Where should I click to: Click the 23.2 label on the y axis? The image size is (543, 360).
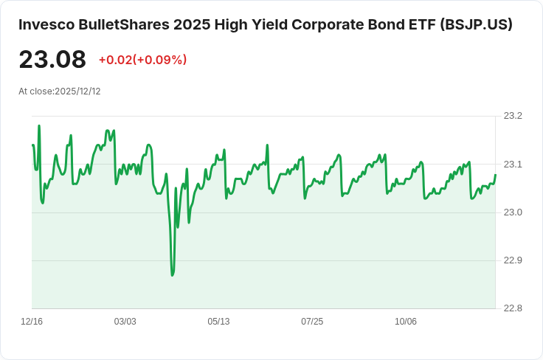[x=512, y=116]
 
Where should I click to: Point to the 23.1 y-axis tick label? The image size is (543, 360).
[x=512, y=164]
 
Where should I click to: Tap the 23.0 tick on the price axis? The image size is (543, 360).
[x=512, y=212]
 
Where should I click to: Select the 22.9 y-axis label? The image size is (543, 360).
[x=512, y=260]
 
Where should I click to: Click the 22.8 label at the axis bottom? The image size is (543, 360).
[x=512, y=308]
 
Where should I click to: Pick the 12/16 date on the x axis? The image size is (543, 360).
[x=32, y=322]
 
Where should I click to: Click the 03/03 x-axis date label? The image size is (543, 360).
[x=125, y=322]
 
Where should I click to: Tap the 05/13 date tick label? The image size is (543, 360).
[x=218, y=322]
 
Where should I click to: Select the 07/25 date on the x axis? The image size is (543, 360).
[x=312, y=322]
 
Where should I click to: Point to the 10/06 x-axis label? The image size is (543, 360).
[x=406, y=322]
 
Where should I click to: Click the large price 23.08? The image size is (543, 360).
[x=52, y=60]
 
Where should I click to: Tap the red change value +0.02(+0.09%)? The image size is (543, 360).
[x=142, y=60]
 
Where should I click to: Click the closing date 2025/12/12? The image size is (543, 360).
[x=77, y=91]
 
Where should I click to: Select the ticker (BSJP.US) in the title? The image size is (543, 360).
[x=476, y=24]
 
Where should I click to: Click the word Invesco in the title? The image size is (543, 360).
[x=46, y=24]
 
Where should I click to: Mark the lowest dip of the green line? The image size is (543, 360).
[x=173, y=275]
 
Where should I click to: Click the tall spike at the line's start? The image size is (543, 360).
[x=39, y=126]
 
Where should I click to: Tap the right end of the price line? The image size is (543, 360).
[x=495, y=176]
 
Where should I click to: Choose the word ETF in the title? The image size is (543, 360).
[x=419, y=24]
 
